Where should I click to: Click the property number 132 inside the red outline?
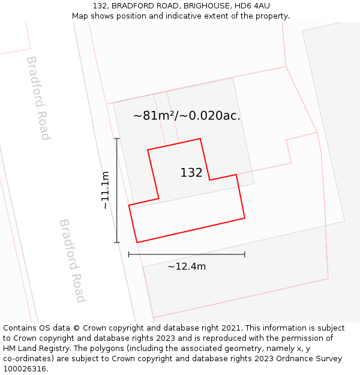pyautogui.click(x=191, y=173)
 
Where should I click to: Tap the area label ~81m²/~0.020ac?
pyautogui.click(x=187, y=116)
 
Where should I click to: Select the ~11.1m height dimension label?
pyautogui.click(x=106, y=190)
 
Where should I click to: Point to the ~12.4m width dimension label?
pyautogui.click(x=187, y=266)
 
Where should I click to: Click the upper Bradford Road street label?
pyautogui.click(x=37, y=98)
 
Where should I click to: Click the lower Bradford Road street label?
pyautogui.click(x=72, y=260)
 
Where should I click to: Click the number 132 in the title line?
pyautogui.click(x=100, y=6)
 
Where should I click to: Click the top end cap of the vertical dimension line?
pyautogui.click(x=117, y=139)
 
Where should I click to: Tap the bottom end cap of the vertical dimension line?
pyautogui.click(x=117, y=242)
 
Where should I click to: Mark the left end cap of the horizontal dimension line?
pyautogui.click(x=129, y=254)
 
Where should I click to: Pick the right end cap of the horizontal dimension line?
pyautogui.click(x=245, y=254)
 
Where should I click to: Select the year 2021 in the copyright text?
pyautogui.click(x=231, y=328)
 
